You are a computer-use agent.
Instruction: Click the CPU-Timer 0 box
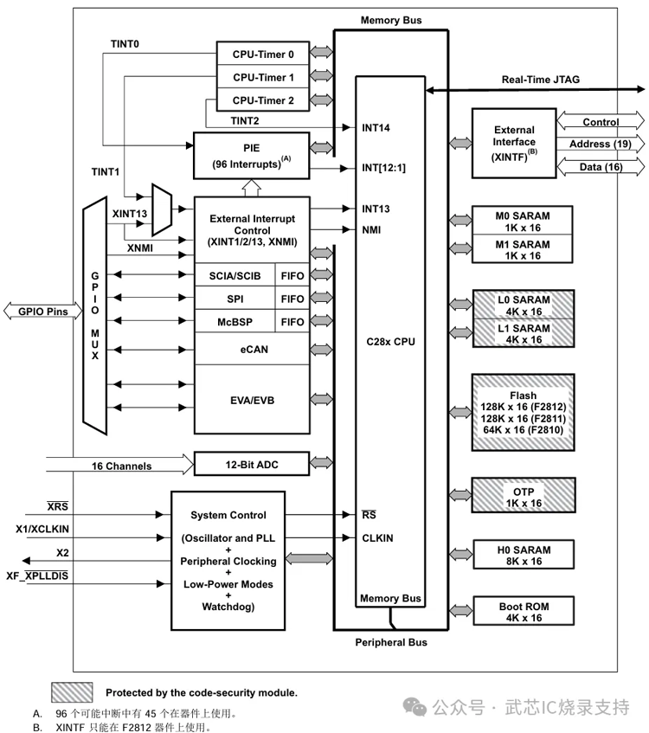click(263, 55)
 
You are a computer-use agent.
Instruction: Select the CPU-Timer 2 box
click(263, 100)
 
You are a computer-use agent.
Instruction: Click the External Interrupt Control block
click(251, 230)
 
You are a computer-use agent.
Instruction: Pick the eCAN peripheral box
click(251, 350)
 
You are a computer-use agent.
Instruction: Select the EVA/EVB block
click(251, 400)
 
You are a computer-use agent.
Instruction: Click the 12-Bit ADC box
click(251, 465)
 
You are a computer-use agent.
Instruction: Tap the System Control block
click(228, 561)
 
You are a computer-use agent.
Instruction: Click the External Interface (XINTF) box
click(514, 142)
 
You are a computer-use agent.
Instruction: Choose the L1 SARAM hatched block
click(524, 334)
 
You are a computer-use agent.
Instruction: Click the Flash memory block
click(524, 412)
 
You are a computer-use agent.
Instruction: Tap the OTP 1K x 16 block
click(524, 498)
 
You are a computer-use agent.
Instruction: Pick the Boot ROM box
click(524, 612)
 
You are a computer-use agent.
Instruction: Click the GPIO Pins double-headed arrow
click(39, 310)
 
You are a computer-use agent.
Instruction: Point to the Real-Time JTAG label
click(541, 80)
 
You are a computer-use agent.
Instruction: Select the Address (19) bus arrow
click(600, 144)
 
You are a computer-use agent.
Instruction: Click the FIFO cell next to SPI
click(292, 299)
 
